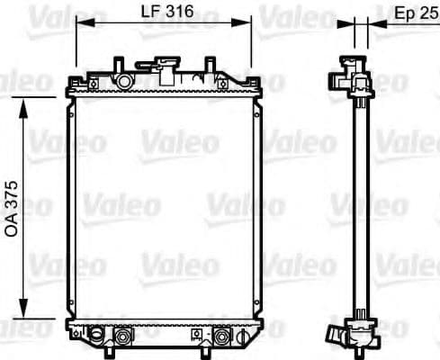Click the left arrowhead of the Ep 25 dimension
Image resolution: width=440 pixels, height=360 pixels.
[352, 27]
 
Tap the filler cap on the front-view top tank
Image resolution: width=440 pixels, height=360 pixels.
[165, 67]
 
